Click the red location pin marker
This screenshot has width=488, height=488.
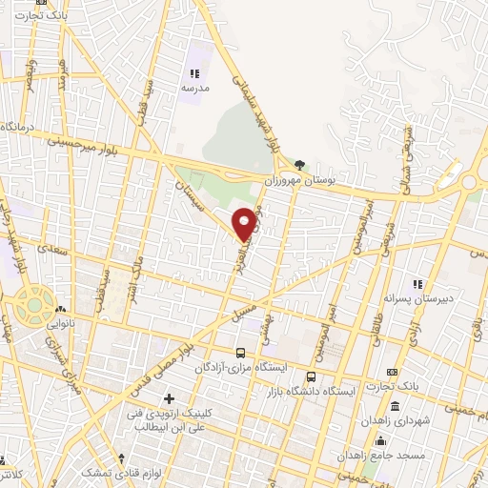[245, 221]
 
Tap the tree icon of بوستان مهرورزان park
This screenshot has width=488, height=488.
[301, 164]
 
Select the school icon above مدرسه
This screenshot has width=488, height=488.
[193, 72]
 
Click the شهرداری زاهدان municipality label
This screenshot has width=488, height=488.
[396, 420]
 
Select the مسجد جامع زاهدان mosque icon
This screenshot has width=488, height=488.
[380, 439]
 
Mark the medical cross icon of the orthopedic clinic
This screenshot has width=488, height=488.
[170, 396]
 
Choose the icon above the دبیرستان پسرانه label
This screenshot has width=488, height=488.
[416, 283]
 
